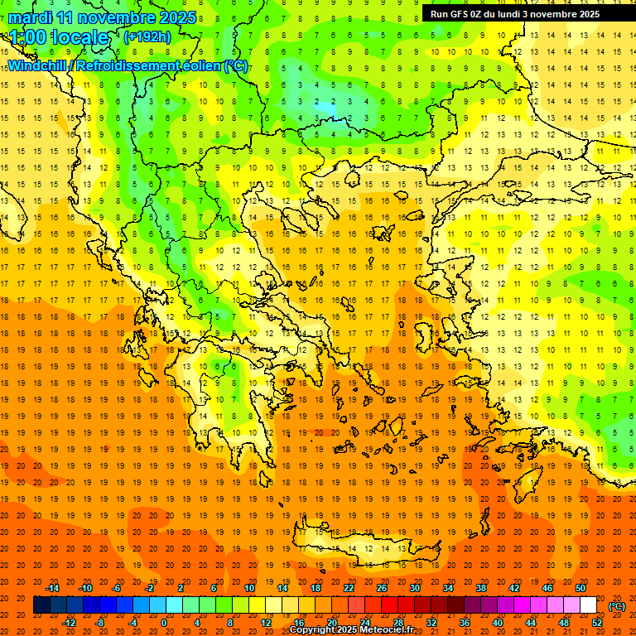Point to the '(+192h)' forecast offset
point(147,37)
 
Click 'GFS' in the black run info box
point(462,14)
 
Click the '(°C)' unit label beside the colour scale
point(617,606)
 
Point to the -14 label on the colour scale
point(53,588)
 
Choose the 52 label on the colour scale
point(597,623)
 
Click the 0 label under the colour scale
point(164,623)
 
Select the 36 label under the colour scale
point(465,623)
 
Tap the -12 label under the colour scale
point(69,623)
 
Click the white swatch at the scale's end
point(589,605)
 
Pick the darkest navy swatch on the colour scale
point(41,605)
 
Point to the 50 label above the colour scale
point(581,588)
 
